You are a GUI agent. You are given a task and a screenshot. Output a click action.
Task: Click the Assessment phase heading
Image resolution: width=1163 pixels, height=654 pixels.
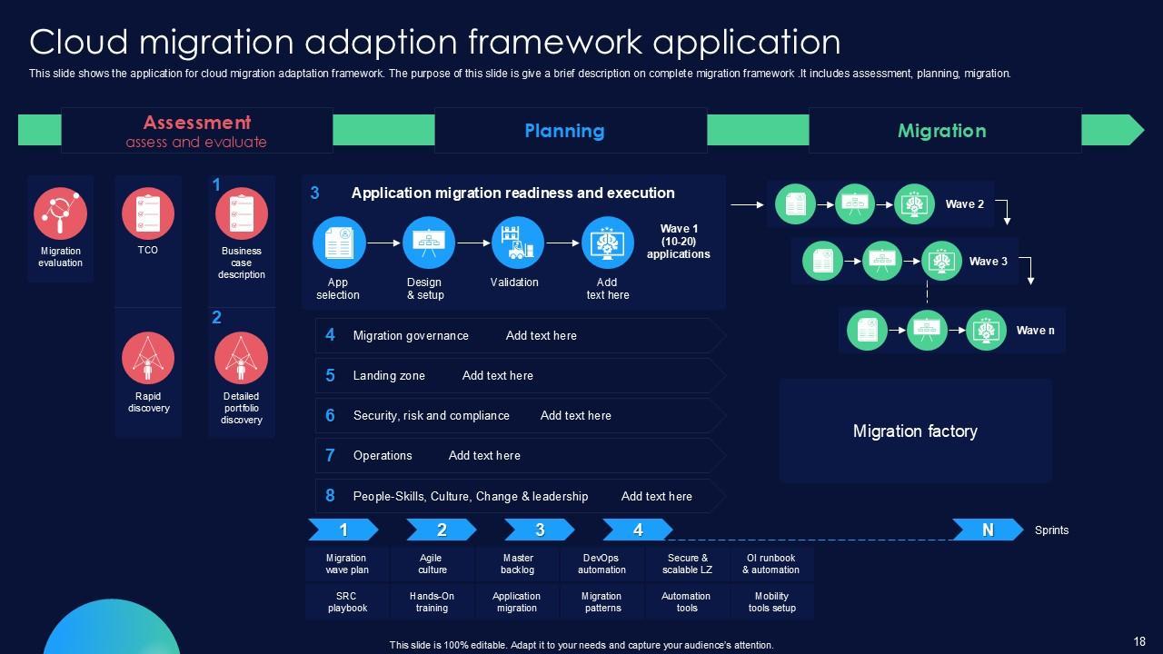[x=196, y=123]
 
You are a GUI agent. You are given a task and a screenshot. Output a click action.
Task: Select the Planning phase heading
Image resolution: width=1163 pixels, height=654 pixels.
[x=564, y=131]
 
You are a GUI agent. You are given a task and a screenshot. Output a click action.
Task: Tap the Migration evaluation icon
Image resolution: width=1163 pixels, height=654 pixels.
[x=60, y=213]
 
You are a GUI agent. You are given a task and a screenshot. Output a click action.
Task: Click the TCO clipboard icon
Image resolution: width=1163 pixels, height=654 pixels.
[x=148, y=213]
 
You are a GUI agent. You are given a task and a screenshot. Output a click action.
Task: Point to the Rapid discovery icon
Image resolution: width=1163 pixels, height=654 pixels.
[x=148, y=358]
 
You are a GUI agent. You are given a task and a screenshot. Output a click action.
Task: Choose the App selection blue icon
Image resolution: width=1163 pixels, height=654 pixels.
[x=339, y=243]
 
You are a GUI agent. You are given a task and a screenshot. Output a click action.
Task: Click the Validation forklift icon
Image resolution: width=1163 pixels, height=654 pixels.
[x=518, y=243]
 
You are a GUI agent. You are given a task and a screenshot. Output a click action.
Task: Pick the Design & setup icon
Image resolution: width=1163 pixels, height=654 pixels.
[x=429, y=243]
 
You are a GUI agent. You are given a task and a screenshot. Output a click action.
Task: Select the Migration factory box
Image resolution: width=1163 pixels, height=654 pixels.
[x=915, y=431]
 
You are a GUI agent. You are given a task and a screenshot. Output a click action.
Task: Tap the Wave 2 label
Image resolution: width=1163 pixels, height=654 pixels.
[x=964, y=204]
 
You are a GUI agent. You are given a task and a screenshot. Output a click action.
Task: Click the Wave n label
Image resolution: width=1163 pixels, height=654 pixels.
[x=1035, y=331]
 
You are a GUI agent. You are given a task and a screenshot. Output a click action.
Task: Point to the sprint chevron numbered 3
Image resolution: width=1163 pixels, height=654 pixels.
[x=539, y=530]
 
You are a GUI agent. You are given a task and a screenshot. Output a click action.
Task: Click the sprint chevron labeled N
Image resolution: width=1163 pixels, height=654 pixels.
[x=987, y=530]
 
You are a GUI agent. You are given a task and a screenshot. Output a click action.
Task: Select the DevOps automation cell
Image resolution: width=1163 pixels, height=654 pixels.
[x=601, y=564]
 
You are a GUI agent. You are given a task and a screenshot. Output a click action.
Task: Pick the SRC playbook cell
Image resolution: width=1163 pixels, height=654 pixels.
[x=347, y=602]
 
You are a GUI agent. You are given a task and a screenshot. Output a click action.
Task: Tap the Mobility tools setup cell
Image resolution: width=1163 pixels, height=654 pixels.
[x=771, y=602]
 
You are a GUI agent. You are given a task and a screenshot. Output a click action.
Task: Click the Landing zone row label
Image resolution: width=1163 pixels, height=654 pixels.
[x=389, y=375]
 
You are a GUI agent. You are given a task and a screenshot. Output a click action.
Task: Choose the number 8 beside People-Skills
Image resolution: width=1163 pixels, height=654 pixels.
[x=330, y=495]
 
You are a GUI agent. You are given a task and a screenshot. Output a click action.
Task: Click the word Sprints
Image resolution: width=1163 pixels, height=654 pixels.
[x=1051, y=530]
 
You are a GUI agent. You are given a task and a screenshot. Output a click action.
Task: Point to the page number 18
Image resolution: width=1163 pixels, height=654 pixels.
[x=1139, y=640]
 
